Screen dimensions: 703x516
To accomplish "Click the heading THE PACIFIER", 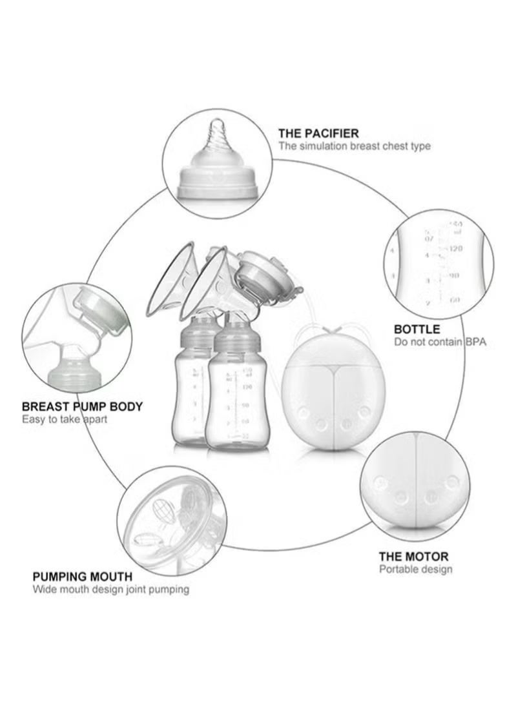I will click(x=318, y=134).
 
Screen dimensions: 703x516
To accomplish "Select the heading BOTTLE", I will click(x=417, y=329).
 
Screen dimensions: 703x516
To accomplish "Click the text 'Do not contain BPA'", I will click(x=440, y=342).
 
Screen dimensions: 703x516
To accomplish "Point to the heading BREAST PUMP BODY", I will click(x=83, y=407).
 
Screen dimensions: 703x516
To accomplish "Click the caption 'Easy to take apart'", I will click(x=65, y=419).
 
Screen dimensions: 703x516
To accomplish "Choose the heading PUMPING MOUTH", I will click(x=83, y=576).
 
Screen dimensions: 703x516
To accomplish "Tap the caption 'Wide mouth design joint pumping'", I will click(x=111, y=589).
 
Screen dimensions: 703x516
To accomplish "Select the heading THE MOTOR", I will click(x=413, y=556).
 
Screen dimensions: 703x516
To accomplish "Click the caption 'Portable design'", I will click(x=415, y=569).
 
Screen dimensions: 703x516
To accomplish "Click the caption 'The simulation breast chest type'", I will click(x=355, y=146).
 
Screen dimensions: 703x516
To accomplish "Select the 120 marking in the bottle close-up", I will click(x=456, y=248).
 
